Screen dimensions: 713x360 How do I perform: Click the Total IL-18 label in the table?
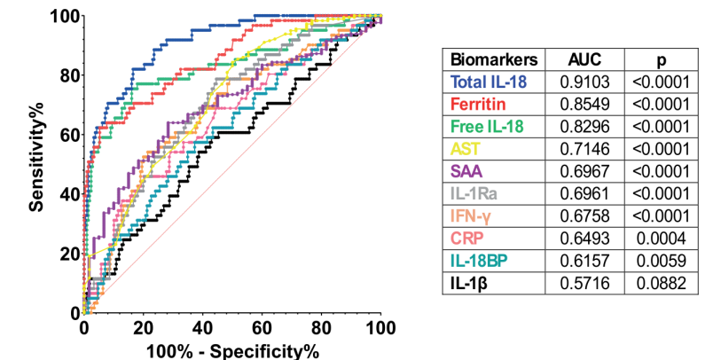point(489,82)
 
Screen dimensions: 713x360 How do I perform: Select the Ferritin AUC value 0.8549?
point(584,104)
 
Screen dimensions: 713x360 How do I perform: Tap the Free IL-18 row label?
point(487,127)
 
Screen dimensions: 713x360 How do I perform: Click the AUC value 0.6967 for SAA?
point(584,171)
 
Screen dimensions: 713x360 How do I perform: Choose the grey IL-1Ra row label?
point(474,193)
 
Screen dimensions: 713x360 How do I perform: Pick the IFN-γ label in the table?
point(471,215)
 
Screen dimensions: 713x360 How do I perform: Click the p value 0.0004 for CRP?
point(662,239)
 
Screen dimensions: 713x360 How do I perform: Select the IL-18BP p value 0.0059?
point(662,261)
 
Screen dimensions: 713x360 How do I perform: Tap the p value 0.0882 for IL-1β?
point(662,283)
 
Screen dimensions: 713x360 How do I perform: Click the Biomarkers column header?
point(494,59)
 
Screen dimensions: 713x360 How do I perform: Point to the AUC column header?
point(584,59)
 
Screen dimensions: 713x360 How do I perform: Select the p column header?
point(662,61)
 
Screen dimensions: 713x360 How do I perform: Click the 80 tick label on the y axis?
point(70,75)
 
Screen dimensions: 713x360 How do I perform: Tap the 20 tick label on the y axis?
point(70,254)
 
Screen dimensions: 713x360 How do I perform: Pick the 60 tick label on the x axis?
point(262,328)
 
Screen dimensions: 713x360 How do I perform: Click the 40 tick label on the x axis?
point(202,328)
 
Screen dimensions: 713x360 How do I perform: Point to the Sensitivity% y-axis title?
point(36,157)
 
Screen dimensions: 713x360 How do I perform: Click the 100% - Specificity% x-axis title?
point(233,351)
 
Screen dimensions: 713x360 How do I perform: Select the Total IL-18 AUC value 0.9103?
point(584,82)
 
